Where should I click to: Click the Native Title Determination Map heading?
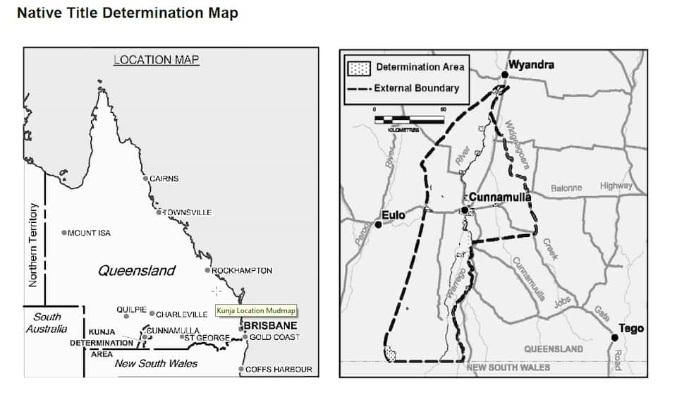[128, 13]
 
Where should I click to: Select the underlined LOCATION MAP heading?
[156, 61]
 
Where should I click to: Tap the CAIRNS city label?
[164, 178]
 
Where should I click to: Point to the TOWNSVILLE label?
[187, 212]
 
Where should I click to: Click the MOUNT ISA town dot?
[64, 233]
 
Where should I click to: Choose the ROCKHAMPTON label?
[242, 270]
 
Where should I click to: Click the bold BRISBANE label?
[270, 326]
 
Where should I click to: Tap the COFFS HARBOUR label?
[278, 369]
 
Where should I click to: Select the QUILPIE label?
[131, 310]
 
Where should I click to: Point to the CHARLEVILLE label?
[181, 315]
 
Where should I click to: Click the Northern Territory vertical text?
[32, 245]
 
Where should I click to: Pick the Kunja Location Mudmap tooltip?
[255, 310]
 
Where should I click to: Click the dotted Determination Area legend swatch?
[360, 68]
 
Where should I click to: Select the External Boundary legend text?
[416, 88]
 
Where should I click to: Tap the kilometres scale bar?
[410, 119]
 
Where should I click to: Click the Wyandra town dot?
[505, 74]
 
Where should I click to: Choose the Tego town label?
[630, 329]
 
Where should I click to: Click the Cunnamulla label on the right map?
[499, 197]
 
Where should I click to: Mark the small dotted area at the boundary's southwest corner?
[390, 354]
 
